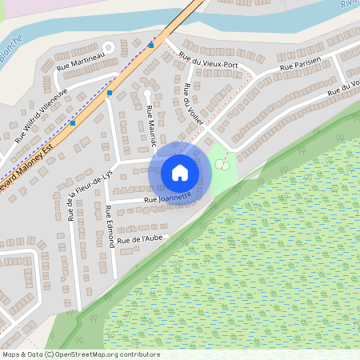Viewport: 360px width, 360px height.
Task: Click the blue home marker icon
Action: click(180, 172)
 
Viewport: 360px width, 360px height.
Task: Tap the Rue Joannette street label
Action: click(167, 197)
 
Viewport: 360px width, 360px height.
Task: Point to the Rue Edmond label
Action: click(109, 228)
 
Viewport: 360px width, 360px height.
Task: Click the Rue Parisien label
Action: click(300, 64)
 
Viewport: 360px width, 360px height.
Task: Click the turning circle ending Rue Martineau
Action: click(107, 46)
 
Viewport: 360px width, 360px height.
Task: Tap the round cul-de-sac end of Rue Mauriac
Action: click(147, 93)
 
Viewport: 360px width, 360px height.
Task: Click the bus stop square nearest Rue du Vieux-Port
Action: click(151, 45)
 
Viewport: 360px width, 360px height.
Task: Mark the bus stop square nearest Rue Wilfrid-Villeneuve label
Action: click(73, 124)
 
